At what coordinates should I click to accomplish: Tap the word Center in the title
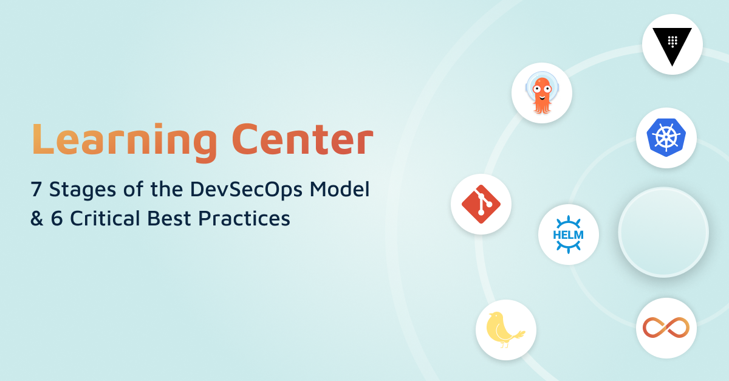pos(303,139)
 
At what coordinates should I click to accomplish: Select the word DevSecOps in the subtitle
pos(247,190)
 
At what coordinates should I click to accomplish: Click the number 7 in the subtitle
pos(36,189)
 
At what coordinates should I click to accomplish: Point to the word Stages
pos(83,190)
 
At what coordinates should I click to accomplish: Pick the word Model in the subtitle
pos(340,189)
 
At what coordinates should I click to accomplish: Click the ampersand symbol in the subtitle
pos(37,218)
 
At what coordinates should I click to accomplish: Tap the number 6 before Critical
pos(56,218)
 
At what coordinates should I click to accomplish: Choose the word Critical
pos(105,218)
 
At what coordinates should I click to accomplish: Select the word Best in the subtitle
pos(169,218)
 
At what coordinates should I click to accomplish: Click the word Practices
pos(244,218)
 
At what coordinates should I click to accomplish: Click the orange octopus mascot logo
pos(542,93)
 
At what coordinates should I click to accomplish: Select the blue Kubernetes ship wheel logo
pos(666,137)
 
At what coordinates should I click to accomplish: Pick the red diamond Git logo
pos(481,204)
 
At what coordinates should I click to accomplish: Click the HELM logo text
pos(568,235)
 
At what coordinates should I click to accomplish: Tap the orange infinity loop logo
pos(666,328)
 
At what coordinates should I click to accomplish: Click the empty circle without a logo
pos(663,232)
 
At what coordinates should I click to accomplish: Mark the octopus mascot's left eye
pos(536,89)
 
